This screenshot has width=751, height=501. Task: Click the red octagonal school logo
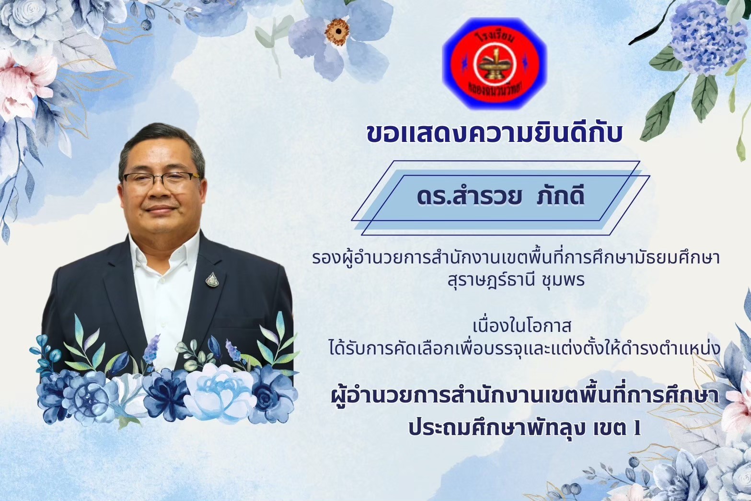[495, 63]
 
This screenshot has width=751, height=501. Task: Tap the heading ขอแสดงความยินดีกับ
[495, 134]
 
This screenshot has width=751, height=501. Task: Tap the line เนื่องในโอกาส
[524, 326]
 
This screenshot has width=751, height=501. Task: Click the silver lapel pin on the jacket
[212, 280]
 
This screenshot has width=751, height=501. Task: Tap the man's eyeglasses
[161, 180]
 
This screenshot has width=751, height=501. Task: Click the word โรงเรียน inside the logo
[495, 37]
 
